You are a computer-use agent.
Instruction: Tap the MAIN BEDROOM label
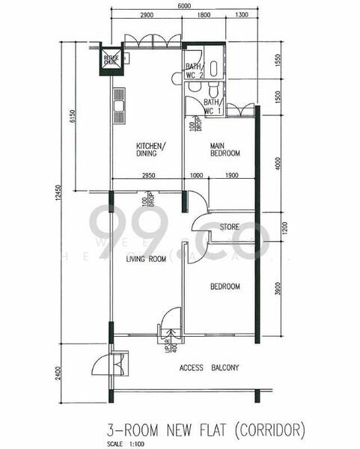click(225, 149)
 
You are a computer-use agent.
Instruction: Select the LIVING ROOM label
click(145, 260)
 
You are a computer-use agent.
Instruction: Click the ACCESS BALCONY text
click(209, 367)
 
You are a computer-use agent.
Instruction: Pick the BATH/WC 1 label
click(213, 106)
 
